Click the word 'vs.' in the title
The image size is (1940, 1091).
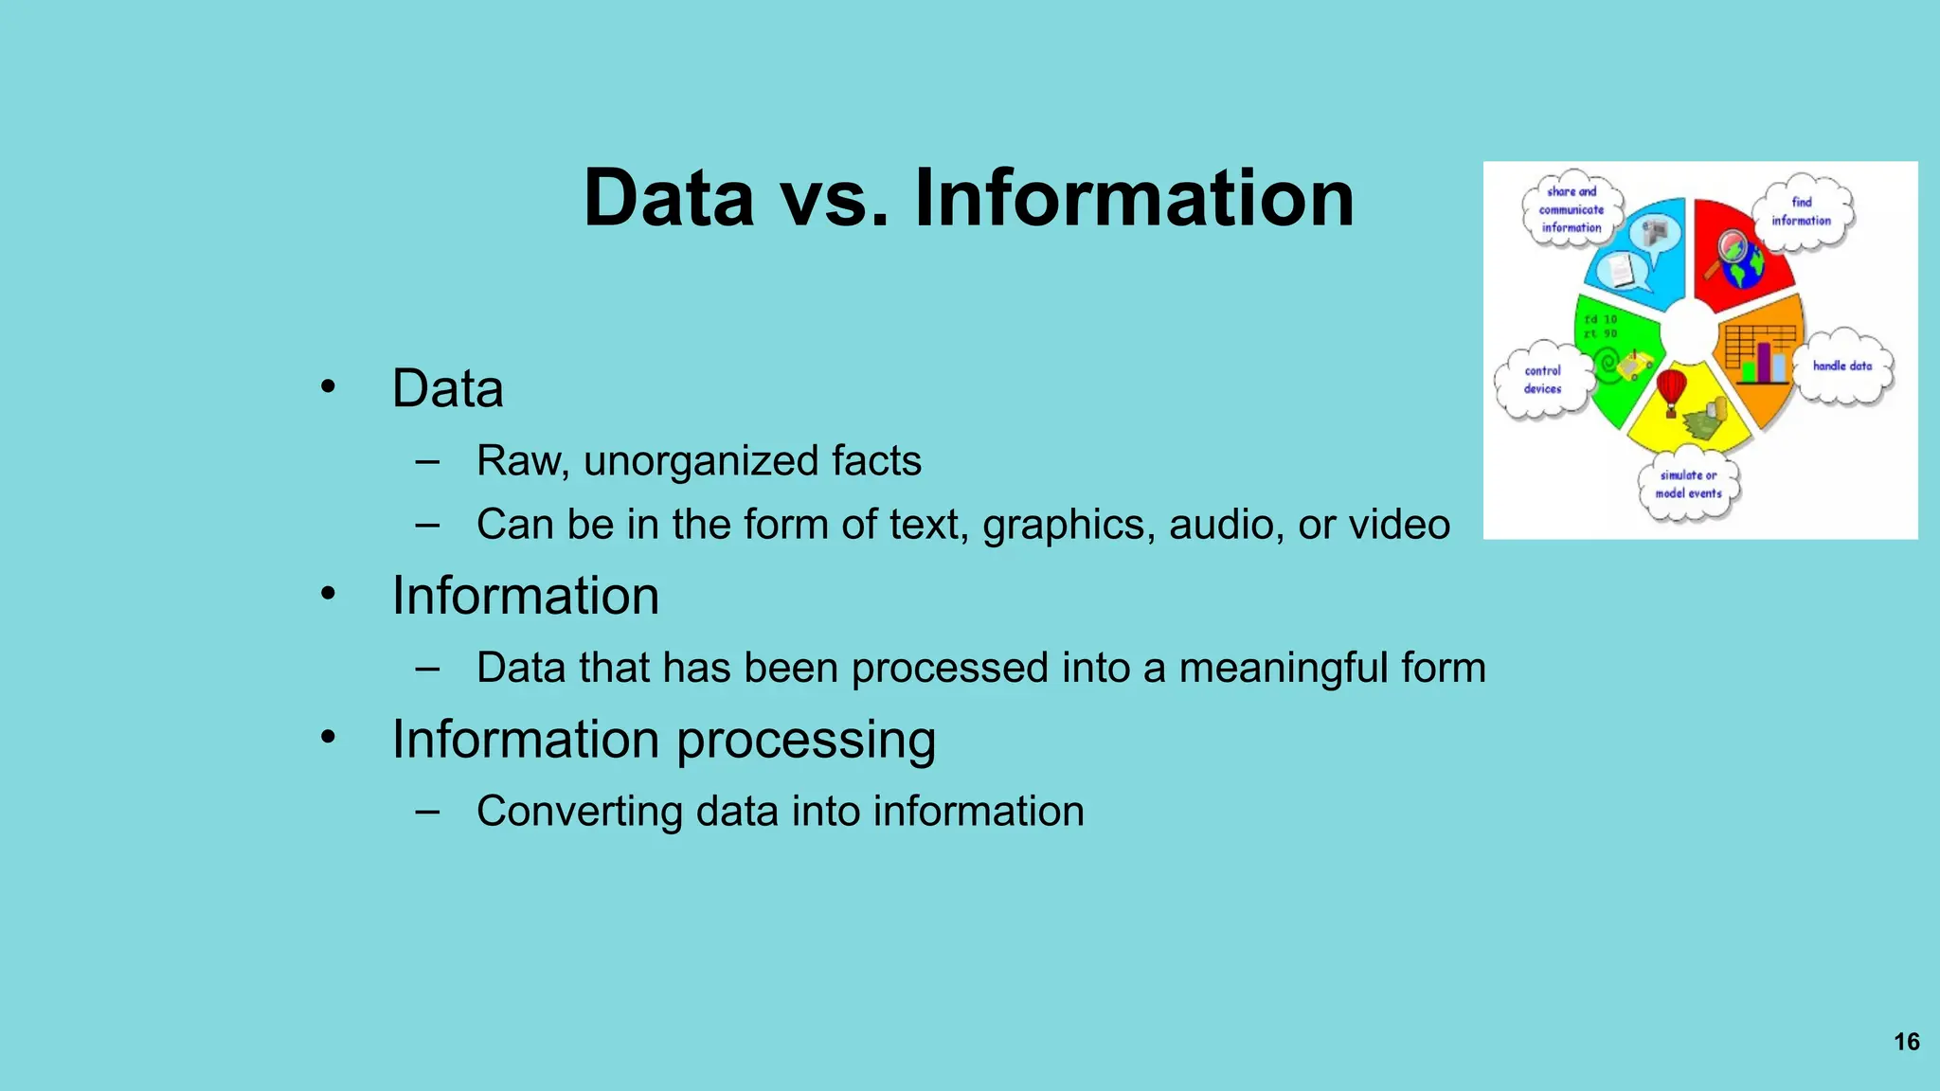pos(835,199)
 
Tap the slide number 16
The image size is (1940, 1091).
pos(1906,1042)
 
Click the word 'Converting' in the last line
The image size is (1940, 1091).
pos(579,812)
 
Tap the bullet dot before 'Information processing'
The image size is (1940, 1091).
pos(328,737)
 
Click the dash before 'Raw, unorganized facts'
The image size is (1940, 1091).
pos(427,462)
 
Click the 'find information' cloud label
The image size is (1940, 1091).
pos(1801,212)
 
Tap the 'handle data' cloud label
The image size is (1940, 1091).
pos(1841,367)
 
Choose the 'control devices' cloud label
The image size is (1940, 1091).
pos(1542,380)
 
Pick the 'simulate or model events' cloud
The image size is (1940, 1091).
pos(1688,484)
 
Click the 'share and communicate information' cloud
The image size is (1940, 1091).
pos(1572,209)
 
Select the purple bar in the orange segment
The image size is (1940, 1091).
pos(1764,363)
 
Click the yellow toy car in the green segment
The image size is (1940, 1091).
pos(1635,364)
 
